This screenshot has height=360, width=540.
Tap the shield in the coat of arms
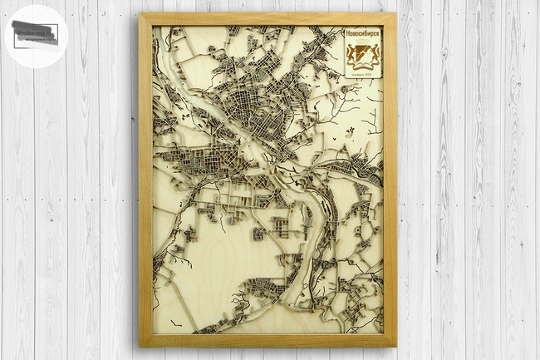pos(362,57)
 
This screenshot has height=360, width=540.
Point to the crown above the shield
pos(362,46)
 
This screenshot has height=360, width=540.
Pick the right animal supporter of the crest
pos(371,58)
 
